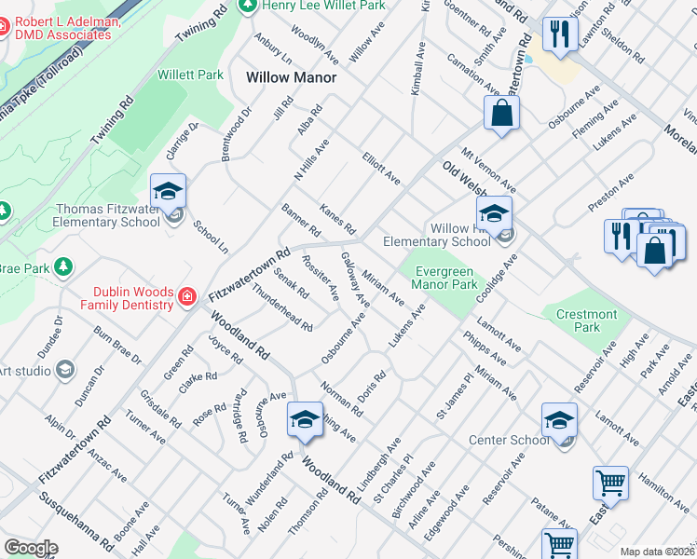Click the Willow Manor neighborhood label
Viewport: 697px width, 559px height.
(290, 78)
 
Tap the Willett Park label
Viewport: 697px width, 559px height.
(190, 75)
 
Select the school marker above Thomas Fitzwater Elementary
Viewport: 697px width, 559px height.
(169, 192)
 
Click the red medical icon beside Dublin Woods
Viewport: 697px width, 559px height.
(187, 297)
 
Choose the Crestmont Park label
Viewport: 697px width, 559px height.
(586, 321)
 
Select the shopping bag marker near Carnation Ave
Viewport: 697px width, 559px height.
(501, 115)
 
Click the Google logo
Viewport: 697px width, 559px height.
(31, 548)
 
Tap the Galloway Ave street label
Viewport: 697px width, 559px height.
(355, 279)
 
